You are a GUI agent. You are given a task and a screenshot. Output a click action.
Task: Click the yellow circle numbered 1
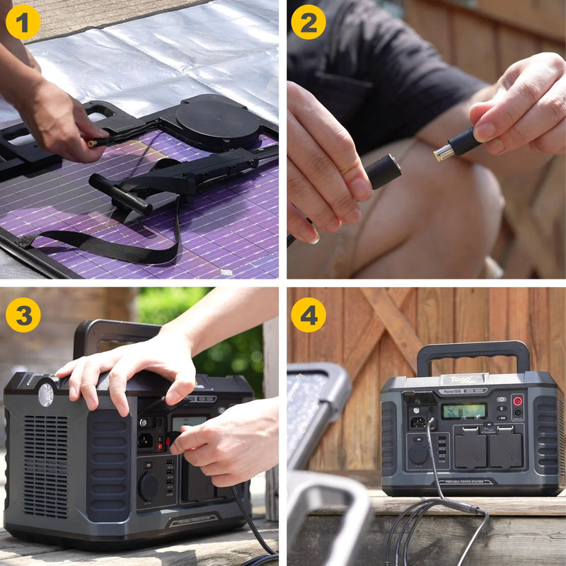pos(23,22)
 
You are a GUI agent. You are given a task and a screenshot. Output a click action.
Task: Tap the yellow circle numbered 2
pos(308,22)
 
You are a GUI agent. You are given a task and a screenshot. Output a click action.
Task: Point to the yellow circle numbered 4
pos(308,315)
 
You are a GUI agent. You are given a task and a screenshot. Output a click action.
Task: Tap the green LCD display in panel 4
pos(464,411)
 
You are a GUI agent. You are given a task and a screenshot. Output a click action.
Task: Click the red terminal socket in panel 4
pos(517,400)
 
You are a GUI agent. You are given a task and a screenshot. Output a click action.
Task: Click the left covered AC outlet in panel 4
pos(470,448)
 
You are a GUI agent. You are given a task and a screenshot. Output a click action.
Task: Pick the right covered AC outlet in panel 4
pos(506,448)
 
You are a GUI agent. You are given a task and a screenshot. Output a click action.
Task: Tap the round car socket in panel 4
pos(418,454)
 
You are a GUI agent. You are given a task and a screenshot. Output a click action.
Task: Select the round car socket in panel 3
pos(148,486)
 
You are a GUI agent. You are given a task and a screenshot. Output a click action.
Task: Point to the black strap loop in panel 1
pos(106,244)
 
